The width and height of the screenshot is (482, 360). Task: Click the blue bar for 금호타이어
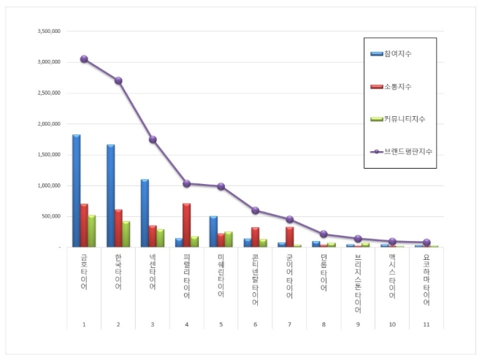(x=76, y=191)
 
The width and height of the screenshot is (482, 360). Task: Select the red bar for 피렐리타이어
(x=187, y=226)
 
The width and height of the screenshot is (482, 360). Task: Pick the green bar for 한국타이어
(x=126, y=234)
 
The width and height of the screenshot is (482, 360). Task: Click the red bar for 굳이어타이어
(x=289, y=237)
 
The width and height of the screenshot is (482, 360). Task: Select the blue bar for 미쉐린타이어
(x=213, y=231)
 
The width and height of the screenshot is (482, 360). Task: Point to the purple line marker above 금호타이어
(x=84, y=59)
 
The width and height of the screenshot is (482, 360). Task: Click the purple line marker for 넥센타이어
(x=153, y=139)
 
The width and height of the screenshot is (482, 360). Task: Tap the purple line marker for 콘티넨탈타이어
(x=256, y=210)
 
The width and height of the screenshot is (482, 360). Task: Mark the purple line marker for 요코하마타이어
(x=426, y=242)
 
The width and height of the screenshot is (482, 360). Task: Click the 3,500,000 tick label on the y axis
(x=48, y=32)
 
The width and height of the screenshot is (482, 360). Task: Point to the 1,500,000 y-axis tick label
(x=48, y=155)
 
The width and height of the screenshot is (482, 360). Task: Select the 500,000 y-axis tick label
(x=50, y=216)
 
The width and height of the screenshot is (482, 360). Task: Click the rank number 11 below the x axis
(x=426, y=322)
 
